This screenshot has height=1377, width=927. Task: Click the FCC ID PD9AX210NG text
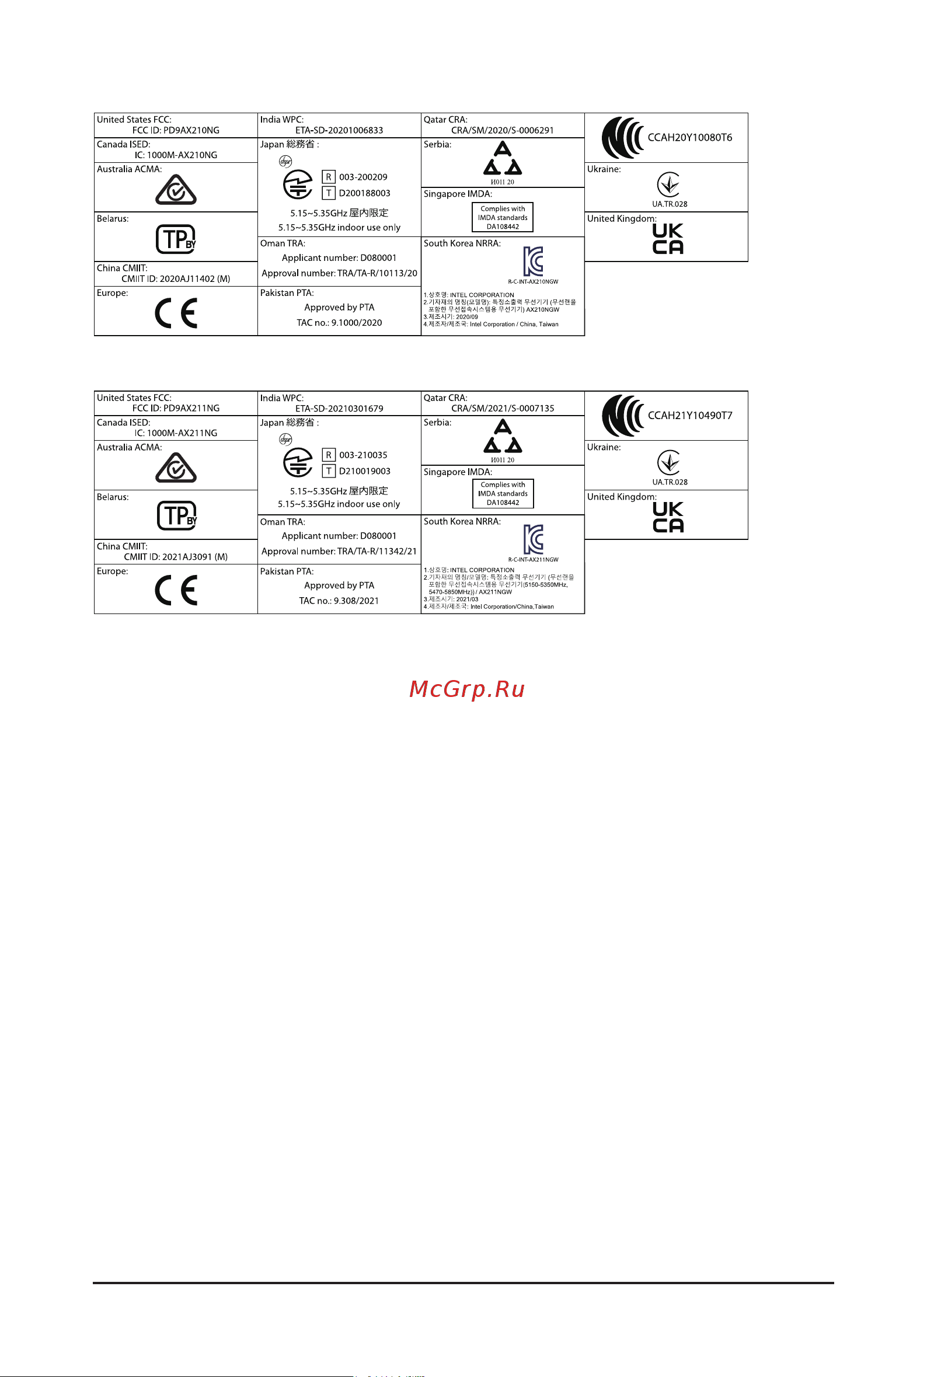(x=176, y=130)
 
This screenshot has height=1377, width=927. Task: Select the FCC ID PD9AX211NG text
(x=176, y=409)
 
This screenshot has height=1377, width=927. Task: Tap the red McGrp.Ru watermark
(x=467, y=689)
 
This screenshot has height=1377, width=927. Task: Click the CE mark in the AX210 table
(x=176, y=313)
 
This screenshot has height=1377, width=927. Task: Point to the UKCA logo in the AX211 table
(x=668, y=517)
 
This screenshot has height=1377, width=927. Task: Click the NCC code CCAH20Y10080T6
(x=690, y=138)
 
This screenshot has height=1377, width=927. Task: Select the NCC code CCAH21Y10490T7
(x=690, y=416)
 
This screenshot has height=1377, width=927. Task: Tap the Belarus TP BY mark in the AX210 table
(x=176, y=239)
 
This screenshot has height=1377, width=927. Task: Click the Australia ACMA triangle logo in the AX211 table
(x=176, y=468)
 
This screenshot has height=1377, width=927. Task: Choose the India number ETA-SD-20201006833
(x=339, y=130)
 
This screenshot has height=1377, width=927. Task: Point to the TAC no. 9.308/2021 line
(x=339, y=601)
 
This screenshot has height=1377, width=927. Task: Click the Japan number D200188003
(x=364, y=193)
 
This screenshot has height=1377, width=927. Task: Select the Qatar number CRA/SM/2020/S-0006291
(x=503, y=130)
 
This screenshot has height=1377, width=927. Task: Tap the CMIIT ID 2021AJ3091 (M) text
(x=176, y=557)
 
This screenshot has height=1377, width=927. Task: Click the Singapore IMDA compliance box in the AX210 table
(x=503, y=218)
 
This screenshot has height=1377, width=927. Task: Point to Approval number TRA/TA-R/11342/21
(x=339, y=552)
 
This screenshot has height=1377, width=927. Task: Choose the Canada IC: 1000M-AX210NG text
(x=176, y=155)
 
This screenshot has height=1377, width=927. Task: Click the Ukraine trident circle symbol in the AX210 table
(x=668, y=185)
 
